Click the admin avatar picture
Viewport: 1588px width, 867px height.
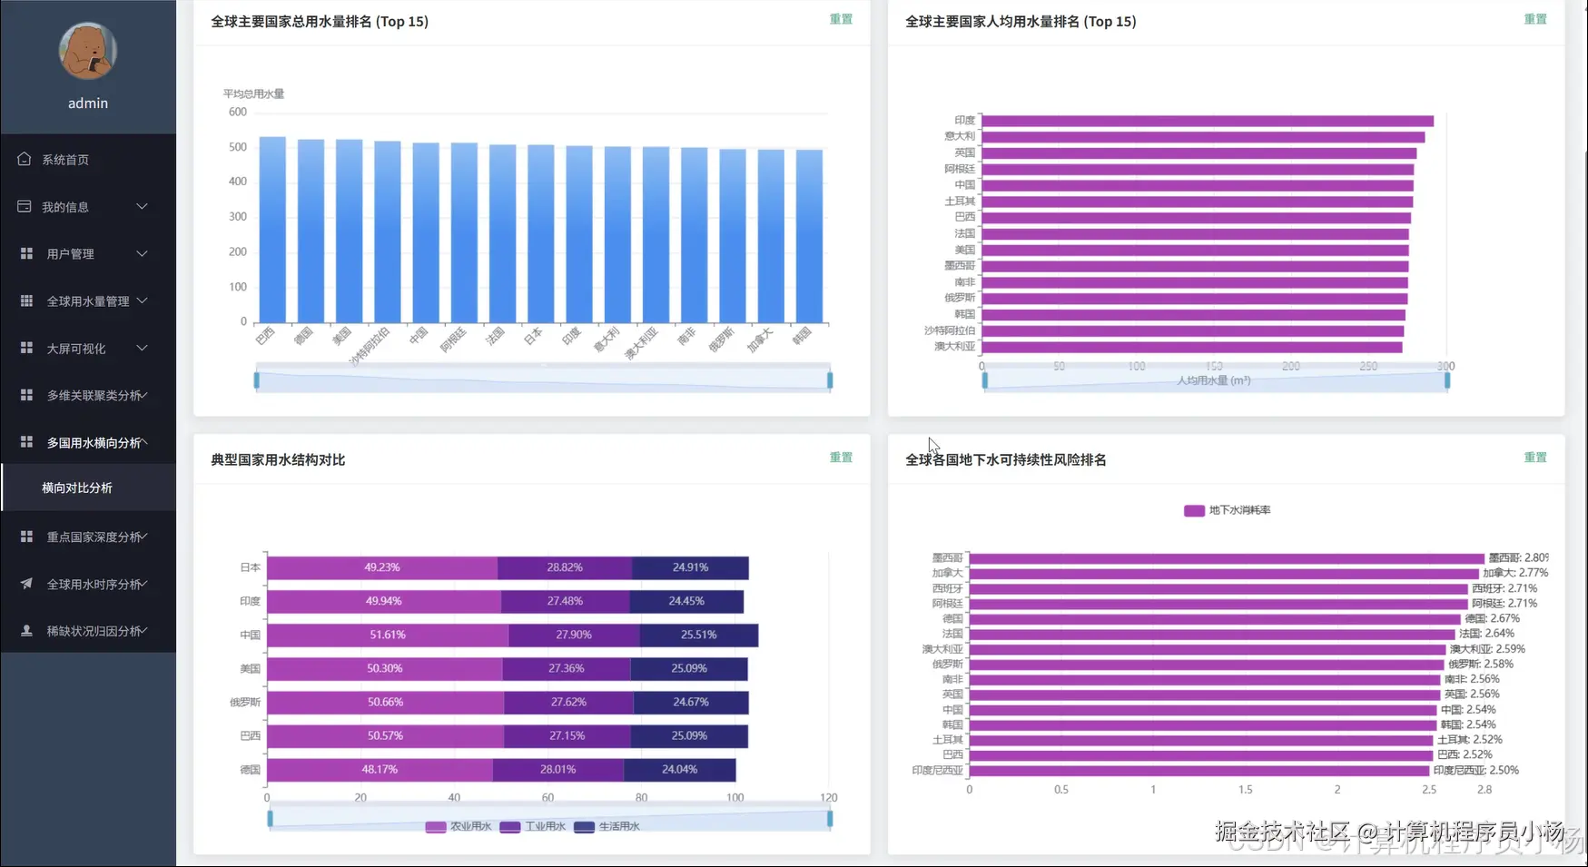(87, 51)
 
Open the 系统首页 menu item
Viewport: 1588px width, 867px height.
(65, 160)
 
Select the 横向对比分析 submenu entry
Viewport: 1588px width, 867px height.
(77, 488)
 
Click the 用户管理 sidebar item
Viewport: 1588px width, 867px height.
(71, 254)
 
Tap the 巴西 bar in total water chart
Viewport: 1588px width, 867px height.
(272, 231)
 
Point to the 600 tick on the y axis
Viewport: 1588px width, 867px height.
(238, 113)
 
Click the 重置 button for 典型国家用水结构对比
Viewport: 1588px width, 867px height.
(841, 458)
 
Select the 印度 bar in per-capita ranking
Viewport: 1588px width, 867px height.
(1207, 121)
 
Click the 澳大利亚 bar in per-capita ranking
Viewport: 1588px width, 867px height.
(1191, 347)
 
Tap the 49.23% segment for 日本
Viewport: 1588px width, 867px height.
(382, 567)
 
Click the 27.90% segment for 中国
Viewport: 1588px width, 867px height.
(574, 635)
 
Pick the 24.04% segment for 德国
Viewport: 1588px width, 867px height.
(679, 770)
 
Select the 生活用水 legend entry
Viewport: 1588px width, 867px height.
(608, 826)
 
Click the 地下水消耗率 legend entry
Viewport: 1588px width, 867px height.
(1228, 510)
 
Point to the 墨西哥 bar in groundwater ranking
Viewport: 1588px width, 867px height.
(1226, 558)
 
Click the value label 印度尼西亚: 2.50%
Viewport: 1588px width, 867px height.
(1475, 770)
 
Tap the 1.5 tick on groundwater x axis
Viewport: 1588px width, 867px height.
(1245, 790)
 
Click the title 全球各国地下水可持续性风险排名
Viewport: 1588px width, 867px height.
(1005, 459)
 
